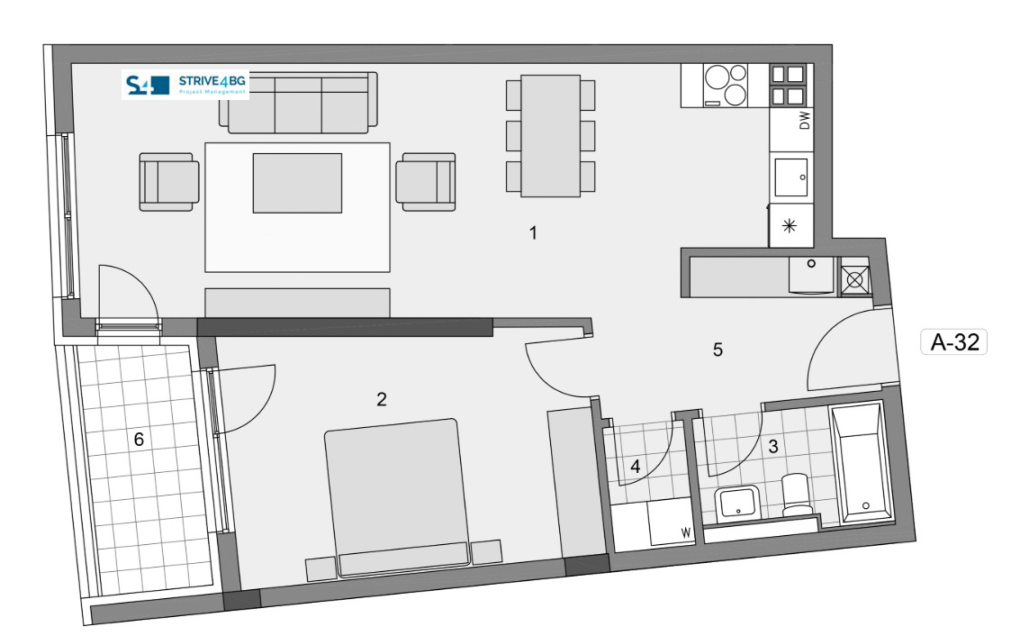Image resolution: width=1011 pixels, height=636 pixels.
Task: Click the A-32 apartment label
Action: [x=953, y=341]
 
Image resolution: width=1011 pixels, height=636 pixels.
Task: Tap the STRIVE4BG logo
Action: [x=185, y=85]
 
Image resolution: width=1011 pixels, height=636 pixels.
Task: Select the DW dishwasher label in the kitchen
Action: [x=804, y=121]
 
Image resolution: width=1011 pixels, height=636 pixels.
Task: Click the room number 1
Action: [x=533, y=232]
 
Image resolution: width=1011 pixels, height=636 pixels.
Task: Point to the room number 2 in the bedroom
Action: [x=382, y=399]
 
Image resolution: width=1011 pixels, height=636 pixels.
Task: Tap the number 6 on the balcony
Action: [x=139, y=440]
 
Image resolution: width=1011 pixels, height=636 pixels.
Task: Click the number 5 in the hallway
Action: [x=718, y=350]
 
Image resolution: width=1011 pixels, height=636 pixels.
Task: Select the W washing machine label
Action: [x=685, y=532]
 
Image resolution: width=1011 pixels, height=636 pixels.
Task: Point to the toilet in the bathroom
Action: [x=797, y=495]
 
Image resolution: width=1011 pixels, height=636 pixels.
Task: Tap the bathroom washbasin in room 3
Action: [x=737, y=503]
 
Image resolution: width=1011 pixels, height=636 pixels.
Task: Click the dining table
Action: [x=551, y=136]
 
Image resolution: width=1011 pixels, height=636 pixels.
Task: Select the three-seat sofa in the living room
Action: [x=298, y=103]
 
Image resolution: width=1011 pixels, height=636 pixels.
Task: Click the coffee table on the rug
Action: [x=297, y=183]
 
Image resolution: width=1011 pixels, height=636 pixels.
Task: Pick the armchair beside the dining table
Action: [x=426, y=182]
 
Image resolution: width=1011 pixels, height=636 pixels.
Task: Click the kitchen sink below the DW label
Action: [x=791, y=177]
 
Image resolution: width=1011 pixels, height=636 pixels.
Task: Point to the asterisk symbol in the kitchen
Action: [x=790, y=226]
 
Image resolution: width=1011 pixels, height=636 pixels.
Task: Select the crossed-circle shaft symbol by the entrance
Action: [x=855, y=280]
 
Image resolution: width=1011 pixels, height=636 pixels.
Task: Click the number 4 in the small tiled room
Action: [x=635, y=467]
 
